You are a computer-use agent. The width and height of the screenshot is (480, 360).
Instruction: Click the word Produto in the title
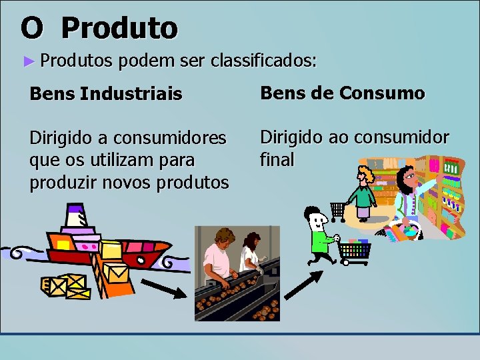click(120, 28)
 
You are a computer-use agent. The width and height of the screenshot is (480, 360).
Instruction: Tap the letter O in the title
click(32, 28)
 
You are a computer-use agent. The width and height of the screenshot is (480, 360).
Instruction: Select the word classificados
click(263, 61)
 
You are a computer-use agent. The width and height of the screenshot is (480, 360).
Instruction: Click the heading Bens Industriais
click(105, 95)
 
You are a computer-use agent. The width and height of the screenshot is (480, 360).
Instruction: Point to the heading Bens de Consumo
click(342, 93)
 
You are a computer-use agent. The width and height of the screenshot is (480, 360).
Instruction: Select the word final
click(277, 160)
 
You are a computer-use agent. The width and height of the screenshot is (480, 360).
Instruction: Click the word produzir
click(64, 182)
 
